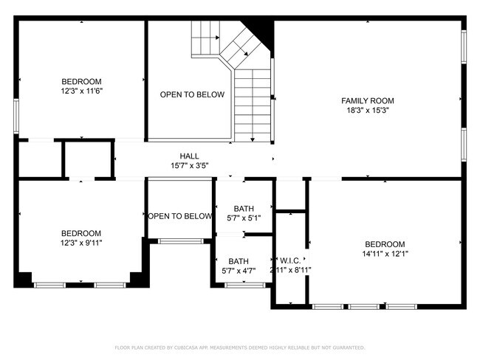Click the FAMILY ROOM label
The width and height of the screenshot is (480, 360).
(367, 100)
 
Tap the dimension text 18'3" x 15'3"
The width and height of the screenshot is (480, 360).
(367, 110)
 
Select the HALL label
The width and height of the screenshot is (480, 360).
(189, 156)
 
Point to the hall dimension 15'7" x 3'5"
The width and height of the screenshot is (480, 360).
(189, 165)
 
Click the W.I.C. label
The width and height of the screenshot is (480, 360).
(289, 260)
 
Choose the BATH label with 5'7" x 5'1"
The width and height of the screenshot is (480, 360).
(243, 209)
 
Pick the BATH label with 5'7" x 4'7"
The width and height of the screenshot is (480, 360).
(239, 261)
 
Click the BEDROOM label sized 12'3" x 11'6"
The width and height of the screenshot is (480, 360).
(81, 81)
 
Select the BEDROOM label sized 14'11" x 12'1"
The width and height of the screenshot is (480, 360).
(385, 244)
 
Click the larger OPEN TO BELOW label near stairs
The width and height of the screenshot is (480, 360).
(192, 94)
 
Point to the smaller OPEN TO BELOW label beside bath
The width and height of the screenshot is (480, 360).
(180, 216)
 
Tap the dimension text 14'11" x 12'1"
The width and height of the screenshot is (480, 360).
(385, 254)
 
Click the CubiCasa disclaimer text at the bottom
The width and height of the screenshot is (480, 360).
(239, 347)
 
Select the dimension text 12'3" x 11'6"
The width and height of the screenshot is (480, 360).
(81, 91)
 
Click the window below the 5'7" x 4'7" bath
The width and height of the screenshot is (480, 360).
(244, 285)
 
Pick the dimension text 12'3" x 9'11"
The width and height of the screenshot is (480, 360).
(81, 243)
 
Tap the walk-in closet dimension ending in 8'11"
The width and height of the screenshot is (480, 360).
(290, 270)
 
